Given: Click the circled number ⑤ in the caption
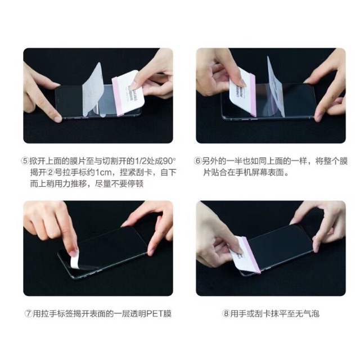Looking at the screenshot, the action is (x=25, y=161).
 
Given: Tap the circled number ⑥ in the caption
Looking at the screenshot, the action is (x=197, y=161).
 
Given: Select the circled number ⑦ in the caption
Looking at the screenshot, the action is (x=29, y=314).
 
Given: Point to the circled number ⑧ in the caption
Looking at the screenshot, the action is (x=226, y=314).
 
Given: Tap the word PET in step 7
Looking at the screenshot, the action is (x=155, y=314).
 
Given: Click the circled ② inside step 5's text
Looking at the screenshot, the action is (x=51, y=173).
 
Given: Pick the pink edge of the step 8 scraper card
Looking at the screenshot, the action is (x=253, y=255).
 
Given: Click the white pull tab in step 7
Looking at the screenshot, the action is (x=74, y=260).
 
